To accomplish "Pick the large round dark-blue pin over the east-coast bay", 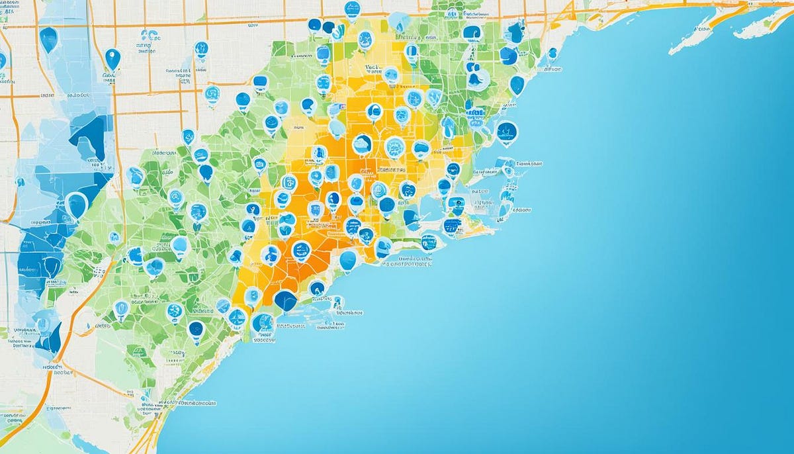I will (x=507, y=132).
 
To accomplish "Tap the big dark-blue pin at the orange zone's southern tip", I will (x=285, y=300).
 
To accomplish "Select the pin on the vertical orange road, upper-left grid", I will (x=112, y=58).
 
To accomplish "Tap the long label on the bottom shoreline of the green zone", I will (x=192, y=402).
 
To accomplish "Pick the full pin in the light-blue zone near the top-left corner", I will (x=48, y=38).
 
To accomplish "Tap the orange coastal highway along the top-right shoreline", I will (x=635, y=10).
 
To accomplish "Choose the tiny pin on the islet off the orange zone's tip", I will (x=337, y=303).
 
